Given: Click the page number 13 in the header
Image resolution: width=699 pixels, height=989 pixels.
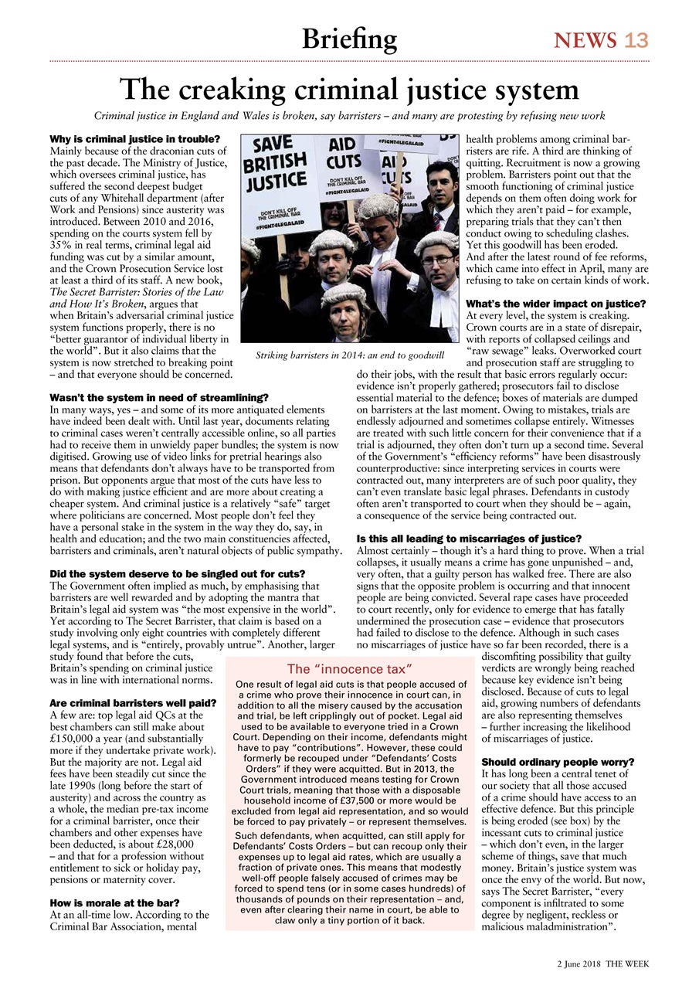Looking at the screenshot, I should pyautogui.click(x=636, y=40).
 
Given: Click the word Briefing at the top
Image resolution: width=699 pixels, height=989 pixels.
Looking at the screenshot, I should pyautogui.click(x=349, y=39).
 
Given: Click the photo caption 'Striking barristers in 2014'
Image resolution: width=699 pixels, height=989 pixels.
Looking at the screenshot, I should pyautogui.click(x=350, y=355).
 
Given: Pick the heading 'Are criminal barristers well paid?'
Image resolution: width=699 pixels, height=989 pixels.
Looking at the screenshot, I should pyautogui.click(x=124, y=704).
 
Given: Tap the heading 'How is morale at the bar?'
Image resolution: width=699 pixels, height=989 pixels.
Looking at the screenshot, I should pyautogui.click(x=114, y=902).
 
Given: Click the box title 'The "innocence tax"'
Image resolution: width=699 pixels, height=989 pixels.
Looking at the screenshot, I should pyautogui.click(x=350, y=668).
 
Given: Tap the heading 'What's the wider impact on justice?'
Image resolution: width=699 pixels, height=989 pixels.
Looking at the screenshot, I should pyautogui.click(x=556, y=304).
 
